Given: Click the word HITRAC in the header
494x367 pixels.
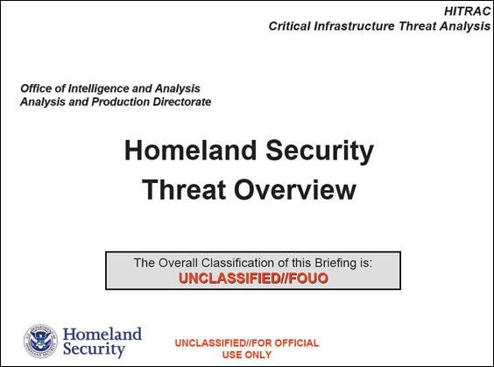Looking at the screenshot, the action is [467, 11].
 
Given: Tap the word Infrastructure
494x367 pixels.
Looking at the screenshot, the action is [354, 26].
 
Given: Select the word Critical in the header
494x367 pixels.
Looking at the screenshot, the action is [289, 26].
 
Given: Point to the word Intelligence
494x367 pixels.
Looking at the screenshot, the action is [99, 89].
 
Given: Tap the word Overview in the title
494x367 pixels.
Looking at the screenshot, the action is [295, 190].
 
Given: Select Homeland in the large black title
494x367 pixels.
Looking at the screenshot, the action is [190, 151].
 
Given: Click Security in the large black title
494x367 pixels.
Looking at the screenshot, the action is [320, 152].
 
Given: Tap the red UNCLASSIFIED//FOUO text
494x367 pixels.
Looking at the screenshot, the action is [253, 279].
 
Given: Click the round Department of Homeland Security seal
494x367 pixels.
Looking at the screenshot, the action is [40, 342].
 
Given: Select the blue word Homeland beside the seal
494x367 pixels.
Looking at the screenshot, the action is [102, 335].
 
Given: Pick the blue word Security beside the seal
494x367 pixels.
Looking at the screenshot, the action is [94, 349].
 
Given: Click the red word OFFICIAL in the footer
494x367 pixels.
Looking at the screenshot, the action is [296, 343].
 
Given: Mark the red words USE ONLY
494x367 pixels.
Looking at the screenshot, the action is [247, 355].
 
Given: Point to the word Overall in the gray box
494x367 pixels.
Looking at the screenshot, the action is [178, 263].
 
